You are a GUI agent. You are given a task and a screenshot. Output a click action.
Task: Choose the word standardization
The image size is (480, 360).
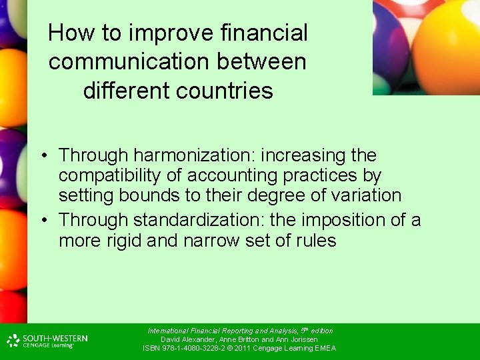[x=201, y=220]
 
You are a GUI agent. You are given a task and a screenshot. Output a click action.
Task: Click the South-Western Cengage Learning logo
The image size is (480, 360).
[x=47, y=341]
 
